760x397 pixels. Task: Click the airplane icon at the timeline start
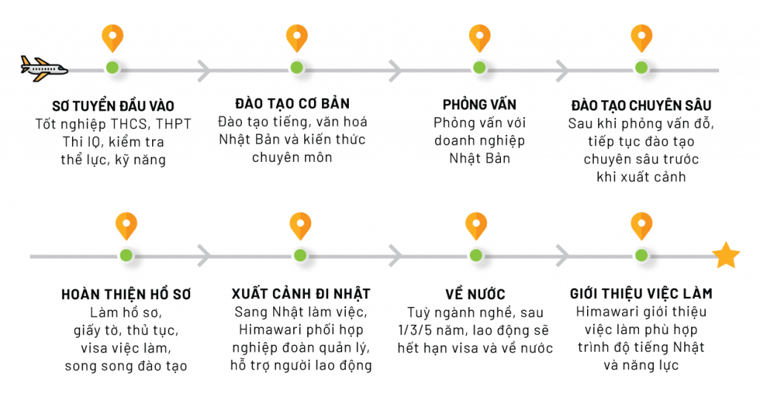click(x=43, y=69)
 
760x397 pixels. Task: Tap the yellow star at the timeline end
click(x=725, y=256)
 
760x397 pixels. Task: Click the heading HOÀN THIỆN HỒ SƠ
click(x=126, y=294)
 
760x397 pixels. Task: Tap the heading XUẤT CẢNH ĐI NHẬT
click(x=301, y=294)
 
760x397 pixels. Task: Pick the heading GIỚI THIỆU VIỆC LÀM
click(x=641, y=294)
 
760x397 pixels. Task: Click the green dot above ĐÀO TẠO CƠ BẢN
click(x=297, y=68)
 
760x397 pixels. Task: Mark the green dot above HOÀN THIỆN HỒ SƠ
click(x=126, y=255)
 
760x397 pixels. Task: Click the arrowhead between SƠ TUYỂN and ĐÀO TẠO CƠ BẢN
click(x=204, y=70)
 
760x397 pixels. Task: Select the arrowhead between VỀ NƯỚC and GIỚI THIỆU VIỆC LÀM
click(x=563, y=256)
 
